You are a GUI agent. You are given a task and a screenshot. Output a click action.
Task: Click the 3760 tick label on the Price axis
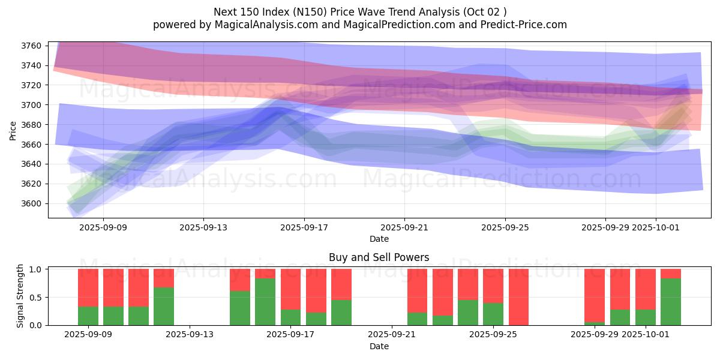32,46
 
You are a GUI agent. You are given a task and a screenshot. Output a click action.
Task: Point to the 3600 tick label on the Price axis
32,203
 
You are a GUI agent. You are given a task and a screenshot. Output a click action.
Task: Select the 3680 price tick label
32,125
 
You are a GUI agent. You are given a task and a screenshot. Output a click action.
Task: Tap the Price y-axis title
13,130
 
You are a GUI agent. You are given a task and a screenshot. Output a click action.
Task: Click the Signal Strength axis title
20,296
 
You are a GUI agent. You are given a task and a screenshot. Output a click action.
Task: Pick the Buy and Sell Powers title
379,257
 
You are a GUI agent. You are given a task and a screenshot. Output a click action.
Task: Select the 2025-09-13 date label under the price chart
203,227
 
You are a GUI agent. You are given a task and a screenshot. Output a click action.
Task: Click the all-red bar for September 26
518,297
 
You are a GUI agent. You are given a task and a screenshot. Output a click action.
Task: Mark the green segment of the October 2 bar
671,302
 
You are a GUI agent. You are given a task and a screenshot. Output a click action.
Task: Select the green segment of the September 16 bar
265,302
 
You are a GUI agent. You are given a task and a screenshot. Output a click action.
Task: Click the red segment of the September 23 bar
443,292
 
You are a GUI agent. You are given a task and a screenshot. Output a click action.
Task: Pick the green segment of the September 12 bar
164,306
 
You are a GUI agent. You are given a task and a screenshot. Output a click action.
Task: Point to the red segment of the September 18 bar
316,290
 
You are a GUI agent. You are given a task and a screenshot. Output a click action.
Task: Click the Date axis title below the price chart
379,239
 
